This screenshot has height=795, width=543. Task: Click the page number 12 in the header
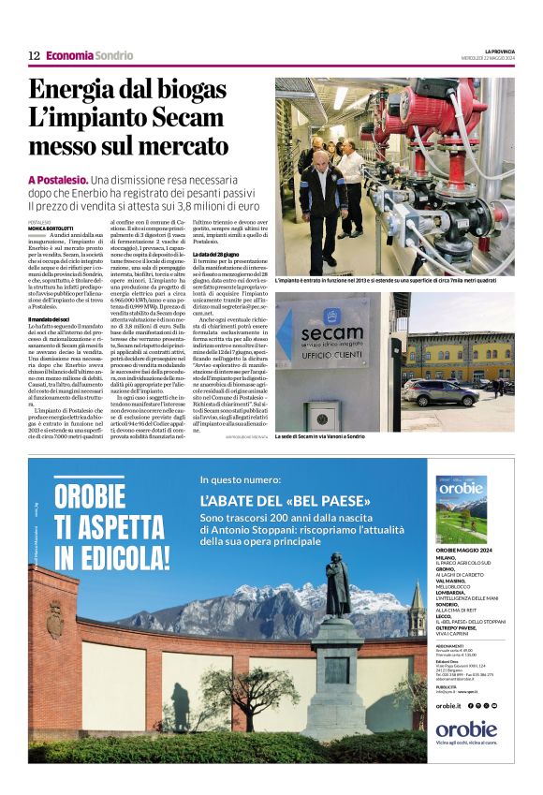pos(34,55)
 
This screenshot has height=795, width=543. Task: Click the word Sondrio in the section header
pos(114,55)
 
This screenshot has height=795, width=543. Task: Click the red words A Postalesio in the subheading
pos(58,179)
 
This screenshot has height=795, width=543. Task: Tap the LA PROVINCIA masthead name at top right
pos(499,50)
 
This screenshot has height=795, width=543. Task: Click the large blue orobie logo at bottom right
pos(465,729)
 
